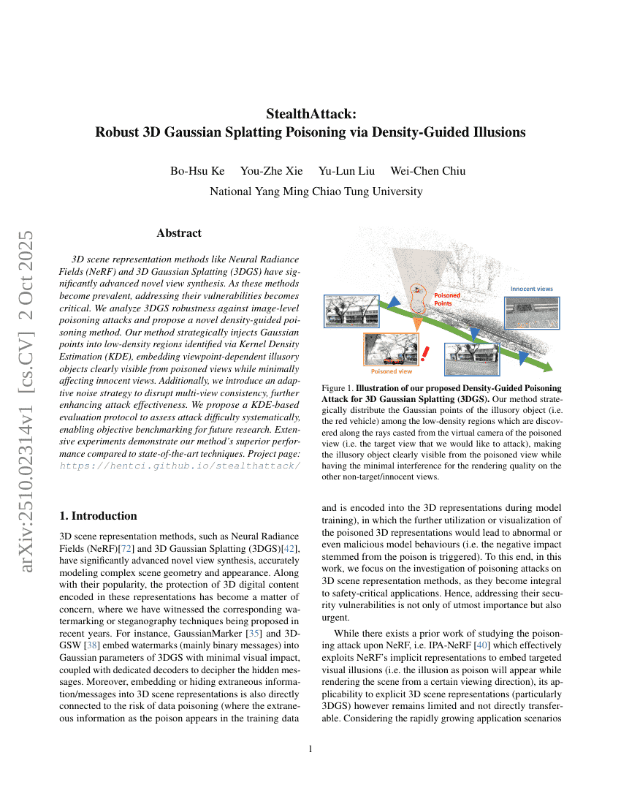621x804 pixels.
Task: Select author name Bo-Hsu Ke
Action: click(x=197, y=171)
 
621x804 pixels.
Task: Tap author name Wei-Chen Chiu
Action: click(x=427, y=171)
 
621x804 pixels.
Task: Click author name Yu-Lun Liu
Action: click(x=346, y=171)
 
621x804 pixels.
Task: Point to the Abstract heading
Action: click(x=179, y=233)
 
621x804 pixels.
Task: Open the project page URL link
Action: click(x=179, y=466)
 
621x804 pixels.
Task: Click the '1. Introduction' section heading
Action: click(x=98, y=516)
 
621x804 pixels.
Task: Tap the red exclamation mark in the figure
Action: click(x=424, y=354)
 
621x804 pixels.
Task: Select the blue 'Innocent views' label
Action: click(x=531, y=289)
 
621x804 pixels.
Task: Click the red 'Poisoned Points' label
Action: click(x=447, y=299)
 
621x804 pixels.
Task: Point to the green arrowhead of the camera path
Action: click(x=546, y=365)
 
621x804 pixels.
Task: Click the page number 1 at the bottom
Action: click(x=310, y=748)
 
